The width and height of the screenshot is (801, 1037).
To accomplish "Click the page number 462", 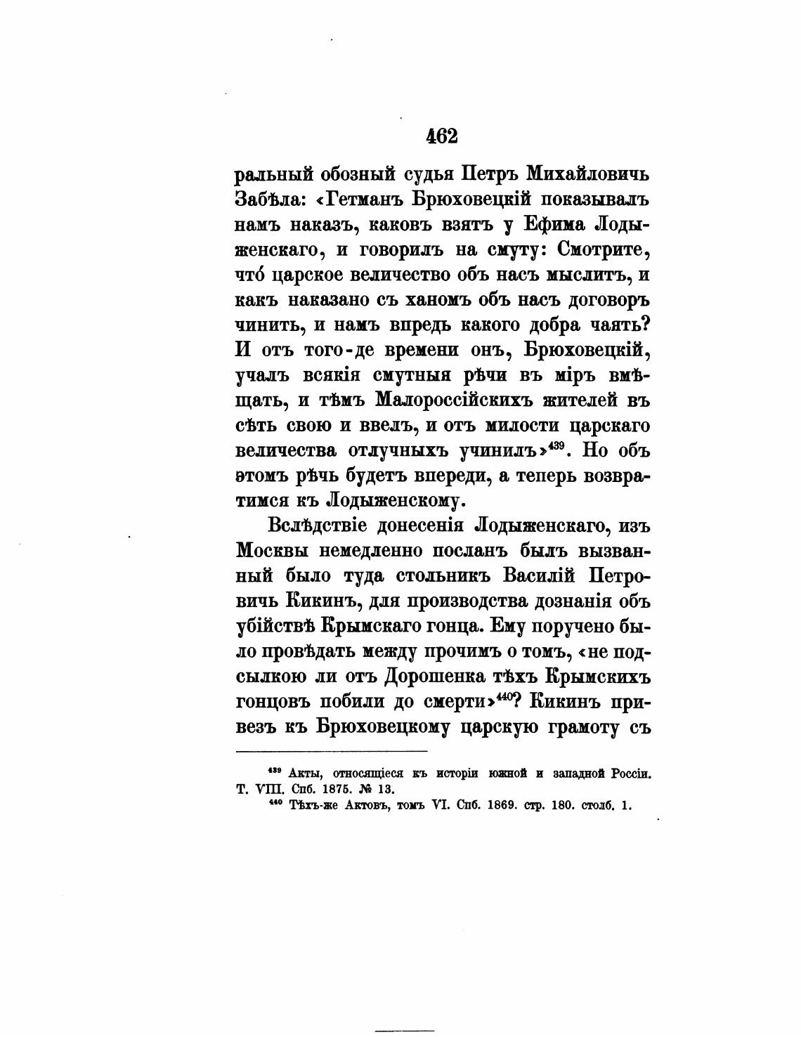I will pyautogui.click(x=442, y=136).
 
